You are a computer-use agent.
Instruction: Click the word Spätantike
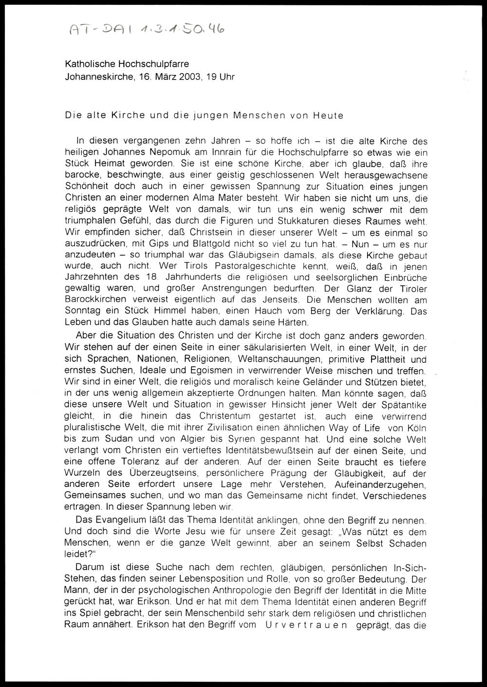click(401, 405)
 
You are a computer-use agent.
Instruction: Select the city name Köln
click(414, 427)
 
